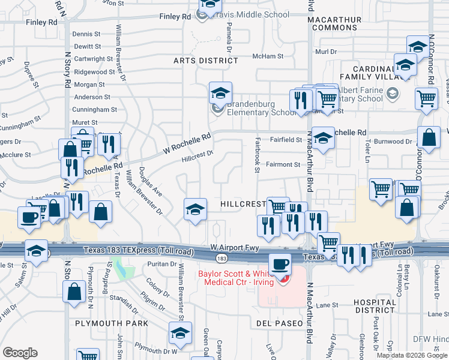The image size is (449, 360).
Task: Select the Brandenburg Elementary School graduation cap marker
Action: coord(220,94)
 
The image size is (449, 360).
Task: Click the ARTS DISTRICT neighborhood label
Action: coord(206,61)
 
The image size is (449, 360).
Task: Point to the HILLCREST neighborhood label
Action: coord(243,204)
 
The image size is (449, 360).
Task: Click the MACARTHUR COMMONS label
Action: coord(334,23)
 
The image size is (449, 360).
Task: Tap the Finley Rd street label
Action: coord(41,22)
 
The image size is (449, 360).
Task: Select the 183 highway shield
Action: coord(221,258)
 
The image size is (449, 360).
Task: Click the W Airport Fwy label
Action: coord(234,247)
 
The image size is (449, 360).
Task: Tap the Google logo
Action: coord(20,353)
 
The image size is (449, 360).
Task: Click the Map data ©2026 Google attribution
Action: coord(412,355)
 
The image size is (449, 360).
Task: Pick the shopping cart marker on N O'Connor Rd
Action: coord(426,98)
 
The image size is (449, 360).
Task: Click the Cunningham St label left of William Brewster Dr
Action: coord(94,110)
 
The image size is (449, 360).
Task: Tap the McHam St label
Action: coord(268,56)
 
